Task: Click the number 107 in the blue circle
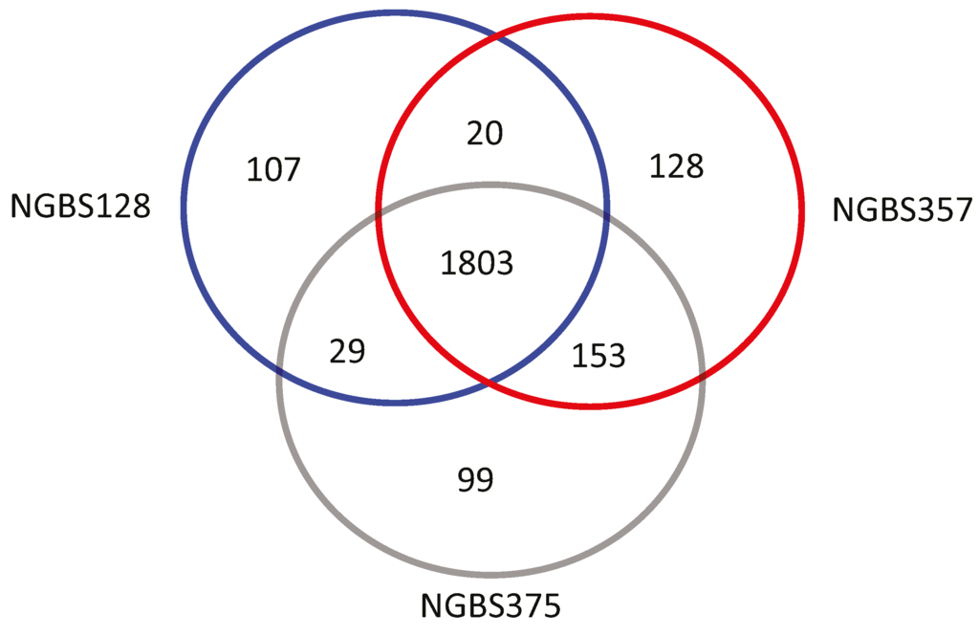coord(273,170)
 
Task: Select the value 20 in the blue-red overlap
coord(484,133)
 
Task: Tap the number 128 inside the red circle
coord(676,166)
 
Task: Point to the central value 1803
coord(477,261)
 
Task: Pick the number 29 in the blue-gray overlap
coord(347,352)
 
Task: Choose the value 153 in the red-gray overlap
coord(598,356)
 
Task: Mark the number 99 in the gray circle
coord(474,479)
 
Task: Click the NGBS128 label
coord(80,206)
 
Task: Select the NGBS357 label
coord(902,208)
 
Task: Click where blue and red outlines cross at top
coord(493,36)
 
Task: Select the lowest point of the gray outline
coord(490,576)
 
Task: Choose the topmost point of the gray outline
coord(490,184)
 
